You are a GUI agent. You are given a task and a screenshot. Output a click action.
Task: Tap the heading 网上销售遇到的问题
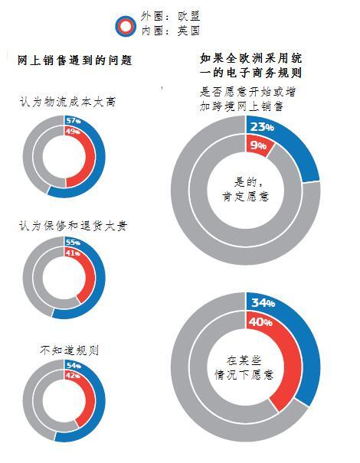point(75,60)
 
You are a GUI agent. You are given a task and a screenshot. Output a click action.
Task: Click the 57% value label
point(74,120)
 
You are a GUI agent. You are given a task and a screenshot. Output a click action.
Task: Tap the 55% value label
point(74,243)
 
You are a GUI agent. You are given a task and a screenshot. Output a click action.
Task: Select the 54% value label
point(74,367)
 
